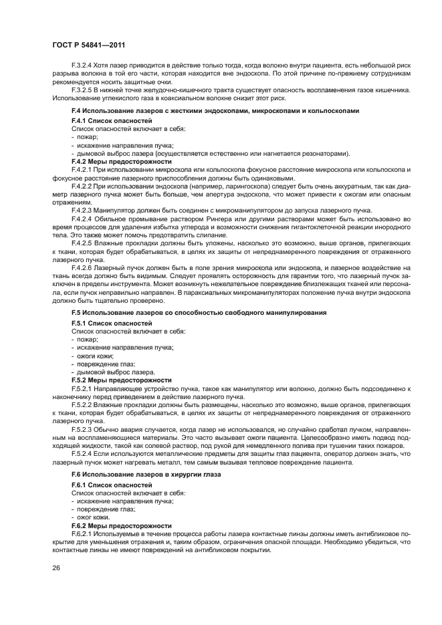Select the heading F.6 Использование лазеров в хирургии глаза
(x=146, y=474)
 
